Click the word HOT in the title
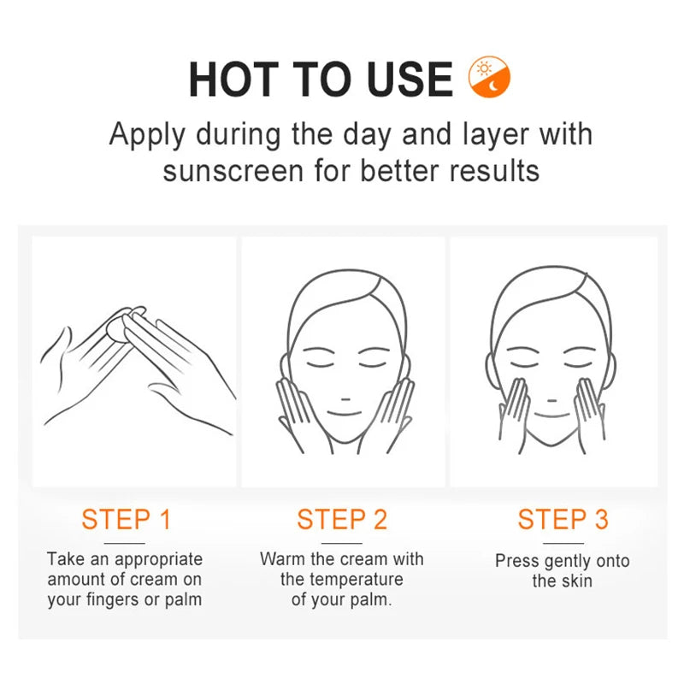[x=233, y=80]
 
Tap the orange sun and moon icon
[x=489, y=77]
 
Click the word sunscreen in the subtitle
[x=233, y=170]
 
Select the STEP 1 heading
[x=126, y=519]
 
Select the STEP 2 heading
[x=342, y=519]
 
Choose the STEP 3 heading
[x=563, y=519]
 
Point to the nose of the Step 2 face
[x=345, y=399]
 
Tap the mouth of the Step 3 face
[x=551, y=415]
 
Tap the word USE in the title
[x=410, y=80]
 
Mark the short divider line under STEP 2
[x=342, y=543]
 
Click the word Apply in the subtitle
[x=147, y=135]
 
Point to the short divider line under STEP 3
[x=563, y=543]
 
